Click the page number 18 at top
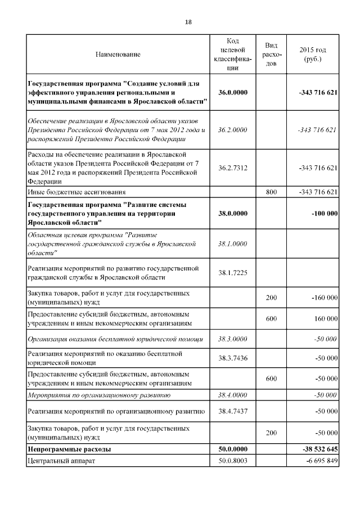pos(188,22)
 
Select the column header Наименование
pos(118,55)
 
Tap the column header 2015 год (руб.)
pos(312,55)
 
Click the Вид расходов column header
pos(271,55)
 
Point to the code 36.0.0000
pos(232,92)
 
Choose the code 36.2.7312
pos(232,168)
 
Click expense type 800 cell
pos(271,192)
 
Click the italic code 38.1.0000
pos(232,244)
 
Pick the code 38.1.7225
pos(232,273)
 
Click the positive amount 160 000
pos(325,319)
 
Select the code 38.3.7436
pos(232,358)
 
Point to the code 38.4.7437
pos(232,412)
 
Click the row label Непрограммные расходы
pos(69,449)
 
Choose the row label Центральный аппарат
pos(61,461)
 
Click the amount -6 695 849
pos(319,461)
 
